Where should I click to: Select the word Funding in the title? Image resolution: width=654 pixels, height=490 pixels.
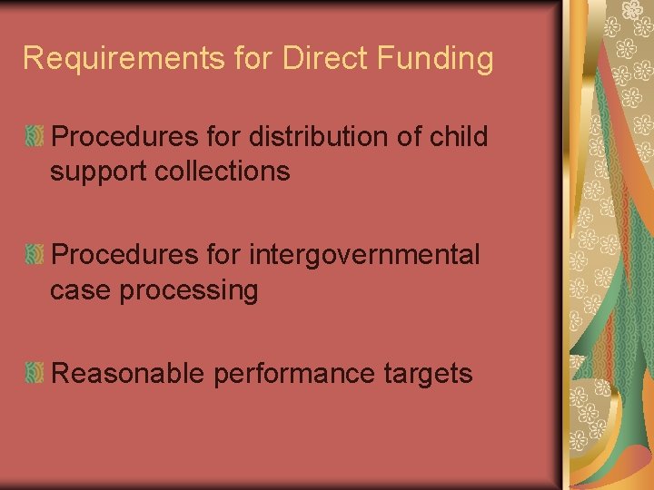[435, 59]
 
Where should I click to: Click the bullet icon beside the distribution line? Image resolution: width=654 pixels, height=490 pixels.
[35, 138]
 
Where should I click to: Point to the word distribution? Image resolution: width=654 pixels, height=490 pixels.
[322, 137]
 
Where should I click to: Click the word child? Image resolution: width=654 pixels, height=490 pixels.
[458, 137]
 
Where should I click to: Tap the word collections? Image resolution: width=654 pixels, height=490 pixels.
[227, 171]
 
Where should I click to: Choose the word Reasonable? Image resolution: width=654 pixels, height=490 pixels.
[129, 374]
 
